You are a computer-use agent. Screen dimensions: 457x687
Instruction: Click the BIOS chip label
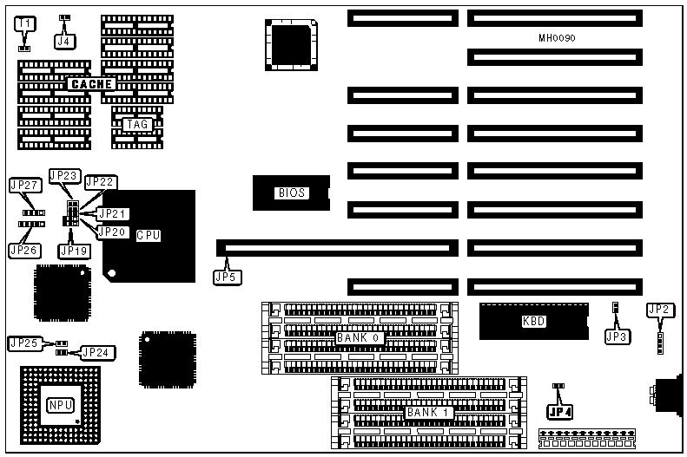[x=291, y=193]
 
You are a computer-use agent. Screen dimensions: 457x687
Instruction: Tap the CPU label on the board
[x=149, y=235]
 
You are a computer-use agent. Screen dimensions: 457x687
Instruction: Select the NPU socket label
[x=60, y=404]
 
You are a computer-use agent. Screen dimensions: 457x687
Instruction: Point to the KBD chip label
[x=533, y=321]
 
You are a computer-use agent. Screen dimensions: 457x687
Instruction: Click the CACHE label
[x=91, y=84]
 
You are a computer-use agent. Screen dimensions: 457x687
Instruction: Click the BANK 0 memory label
[x=359, y=337]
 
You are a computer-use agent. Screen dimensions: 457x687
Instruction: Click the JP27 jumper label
[x=24, y=185]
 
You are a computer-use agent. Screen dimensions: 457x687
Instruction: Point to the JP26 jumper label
[x=24, y=250]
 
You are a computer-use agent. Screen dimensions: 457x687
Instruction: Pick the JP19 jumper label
[x=73, y=251]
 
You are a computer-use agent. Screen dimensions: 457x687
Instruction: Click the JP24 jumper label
[x=96, y=352]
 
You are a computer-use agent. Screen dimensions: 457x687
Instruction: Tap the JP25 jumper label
[x=23, y=343]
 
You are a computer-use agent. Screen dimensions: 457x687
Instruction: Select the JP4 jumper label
[x=560, y=411]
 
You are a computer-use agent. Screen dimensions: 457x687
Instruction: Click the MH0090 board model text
[x=557, y=38]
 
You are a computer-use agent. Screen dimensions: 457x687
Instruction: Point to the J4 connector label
[x=64, y=40]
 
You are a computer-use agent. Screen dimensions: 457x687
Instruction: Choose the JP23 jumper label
[x=64, y=176]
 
